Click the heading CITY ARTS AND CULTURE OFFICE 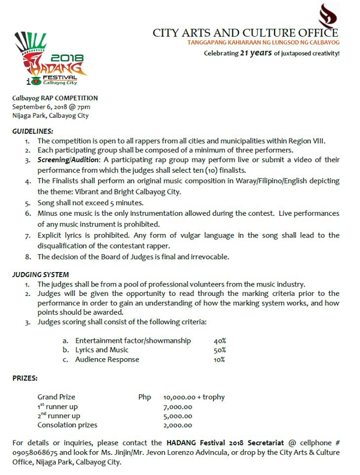pyautogui.click(x=245, y=33)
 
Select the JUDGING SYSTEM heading pyautogui.click(x=41, y=274)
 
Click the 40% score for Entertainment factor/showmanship pyautogui.click(x=220, y=341)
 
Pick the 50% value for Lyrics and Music pyautogui.click(x=220, y=350)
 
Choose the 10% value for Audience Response pyautogui.click(x=220, y=360)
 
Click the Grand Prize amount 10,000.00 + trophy pyautogui.click(x=193, y=397)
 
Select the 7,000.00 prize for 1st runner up pyautogui.click(x=178, y=406)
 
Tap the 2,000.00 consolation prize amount pyautogui.click(x=178, y=425)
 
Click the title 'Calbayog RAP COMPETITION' pyautogui.click(x=55, y=98)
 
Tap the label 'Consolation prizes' pyautogui.click(x=67, y=425)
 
